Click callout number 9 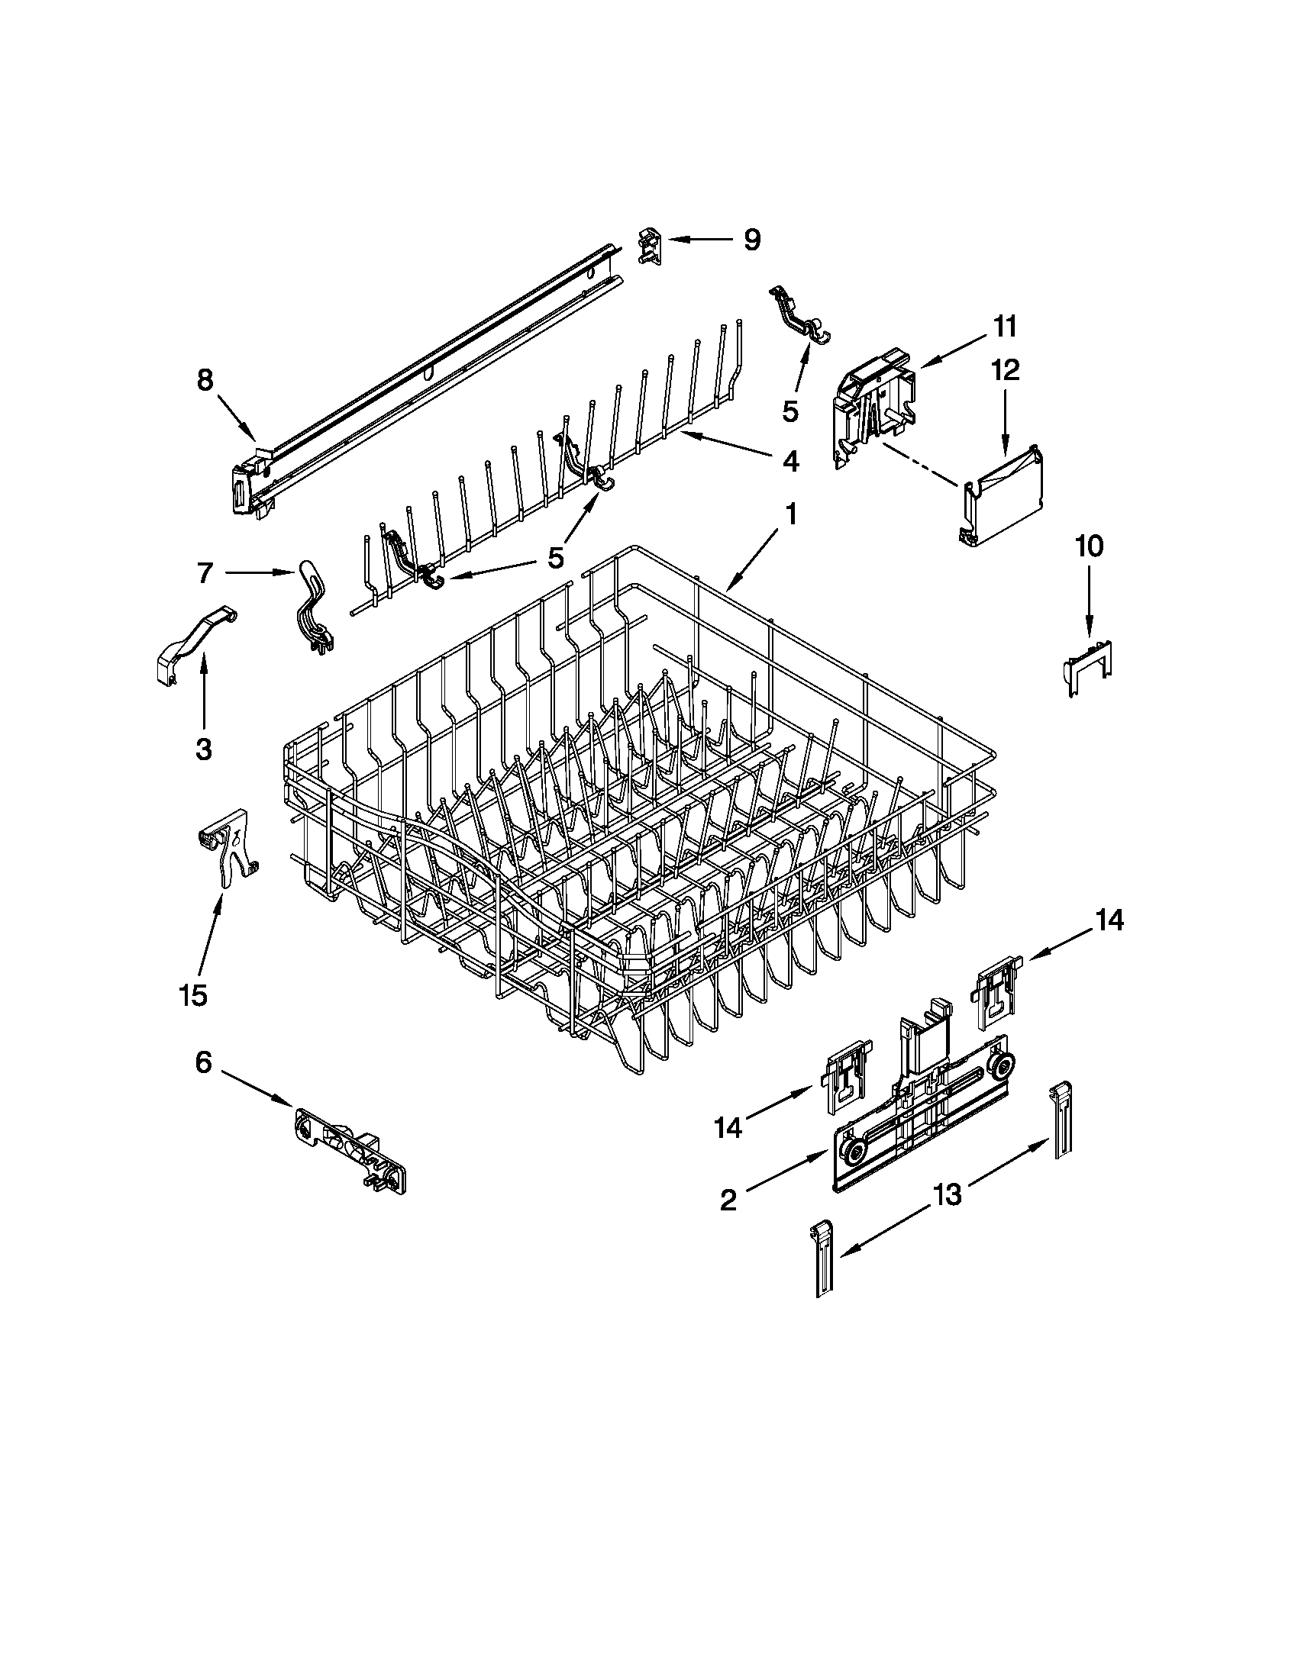pyautogui.click(x=751, y=240)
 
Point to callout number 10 pyautogui.click(x=1089, y=546)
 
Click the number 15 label pyautogui.click(x=193, y=995)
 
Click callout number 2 pyautogui.click(x=728, y=1199)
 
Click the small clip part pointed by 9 pyautogui.click(x=650, y=244)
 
